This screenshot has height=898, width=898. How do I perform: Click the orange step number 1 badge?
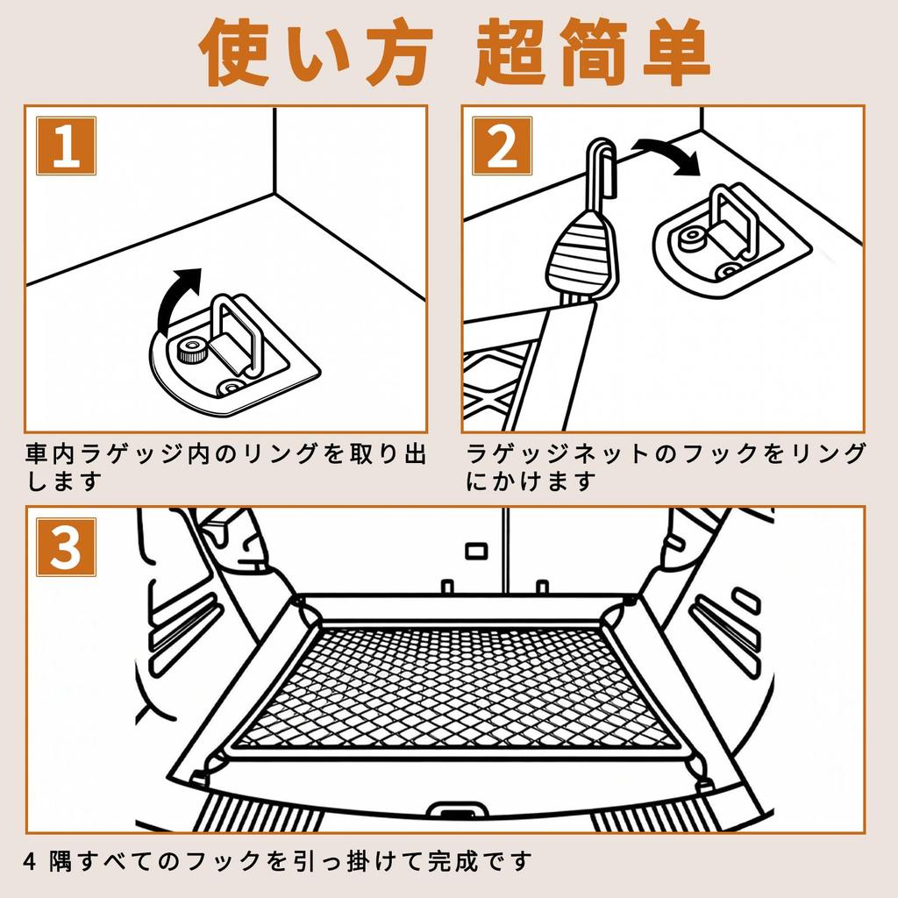(x=66, y=146)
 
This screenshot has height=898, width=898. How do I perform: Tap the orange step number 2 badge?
(x=502, y=146)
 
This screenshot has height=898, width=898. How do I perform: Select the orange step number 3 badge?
(x=66, y=547)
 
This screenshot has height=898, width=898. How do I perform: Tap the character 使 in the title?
(x=234, y=53)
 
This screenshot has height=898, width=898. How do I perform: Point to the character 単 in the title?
(x=676, y=53)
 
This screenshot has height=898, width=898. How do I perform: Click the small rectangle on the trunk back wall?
(x=476, y=551)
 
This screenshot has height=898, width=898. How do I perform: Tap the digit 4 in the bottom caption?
(x=30, y=862)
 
